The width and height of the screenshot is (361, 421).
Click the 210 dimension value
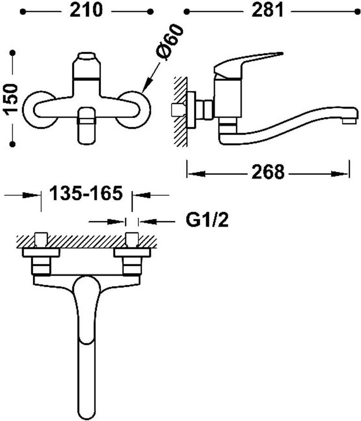point(86,11)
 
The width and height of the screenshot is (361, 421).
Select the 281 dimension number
point(267,11)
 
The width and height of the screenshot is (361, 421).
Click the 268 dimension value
point(268,172)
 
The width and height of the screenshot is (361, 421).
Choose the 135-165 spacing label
point(86,193)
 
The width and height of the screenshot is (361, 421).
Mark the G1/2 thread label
point(207,220)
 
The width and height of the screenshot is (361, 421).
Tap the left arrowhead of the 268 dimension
point(196,174)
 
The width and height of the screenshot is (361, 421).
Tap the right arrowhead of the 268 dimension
point(340,174)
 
